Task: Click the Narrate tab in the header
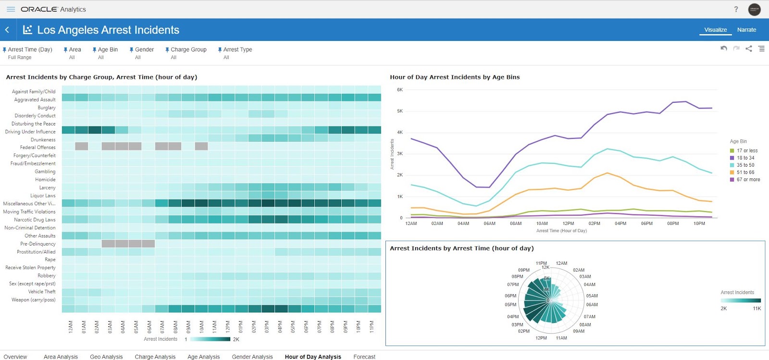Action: [x=746, y=30]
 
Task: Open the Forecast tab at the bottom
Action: [x=364, y=357]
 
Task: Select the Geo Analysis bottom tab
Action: [x=106, y=357]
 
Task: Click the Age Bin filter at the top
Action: [x=107, y=50]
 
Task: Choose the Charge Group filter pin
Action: [x=167, y=50]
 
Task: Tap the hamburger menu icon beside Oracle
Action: [x=11, y=9]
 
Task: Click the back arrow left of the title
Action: [x=7, y=30]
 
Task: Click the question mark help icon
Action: [x=736, y=9]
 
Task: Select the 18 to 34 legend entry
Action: [x=745, y=158]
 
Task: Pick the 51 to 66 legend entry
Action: [x=745, y=172]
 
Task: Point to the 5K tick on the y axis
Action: [x=400, y=111]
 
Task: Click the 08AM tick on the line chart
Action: [x=516, y=223]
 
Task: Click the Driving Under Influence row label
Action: [x=30, y=132]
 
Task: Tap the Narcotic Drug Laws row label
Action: [x=35, y=220]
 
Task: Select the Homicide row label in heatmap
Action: [x=45, y=180]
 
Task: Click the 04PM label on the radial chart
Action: [x=513, y=317]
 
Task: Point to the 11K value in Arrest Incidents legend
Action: [x=757, y=309]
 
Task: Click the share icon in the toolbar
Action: [x=749, y=49]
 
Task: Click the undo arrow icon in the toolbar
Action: [x=724, y=49]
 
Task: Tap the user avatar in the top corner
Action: [x=754, y=9]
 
